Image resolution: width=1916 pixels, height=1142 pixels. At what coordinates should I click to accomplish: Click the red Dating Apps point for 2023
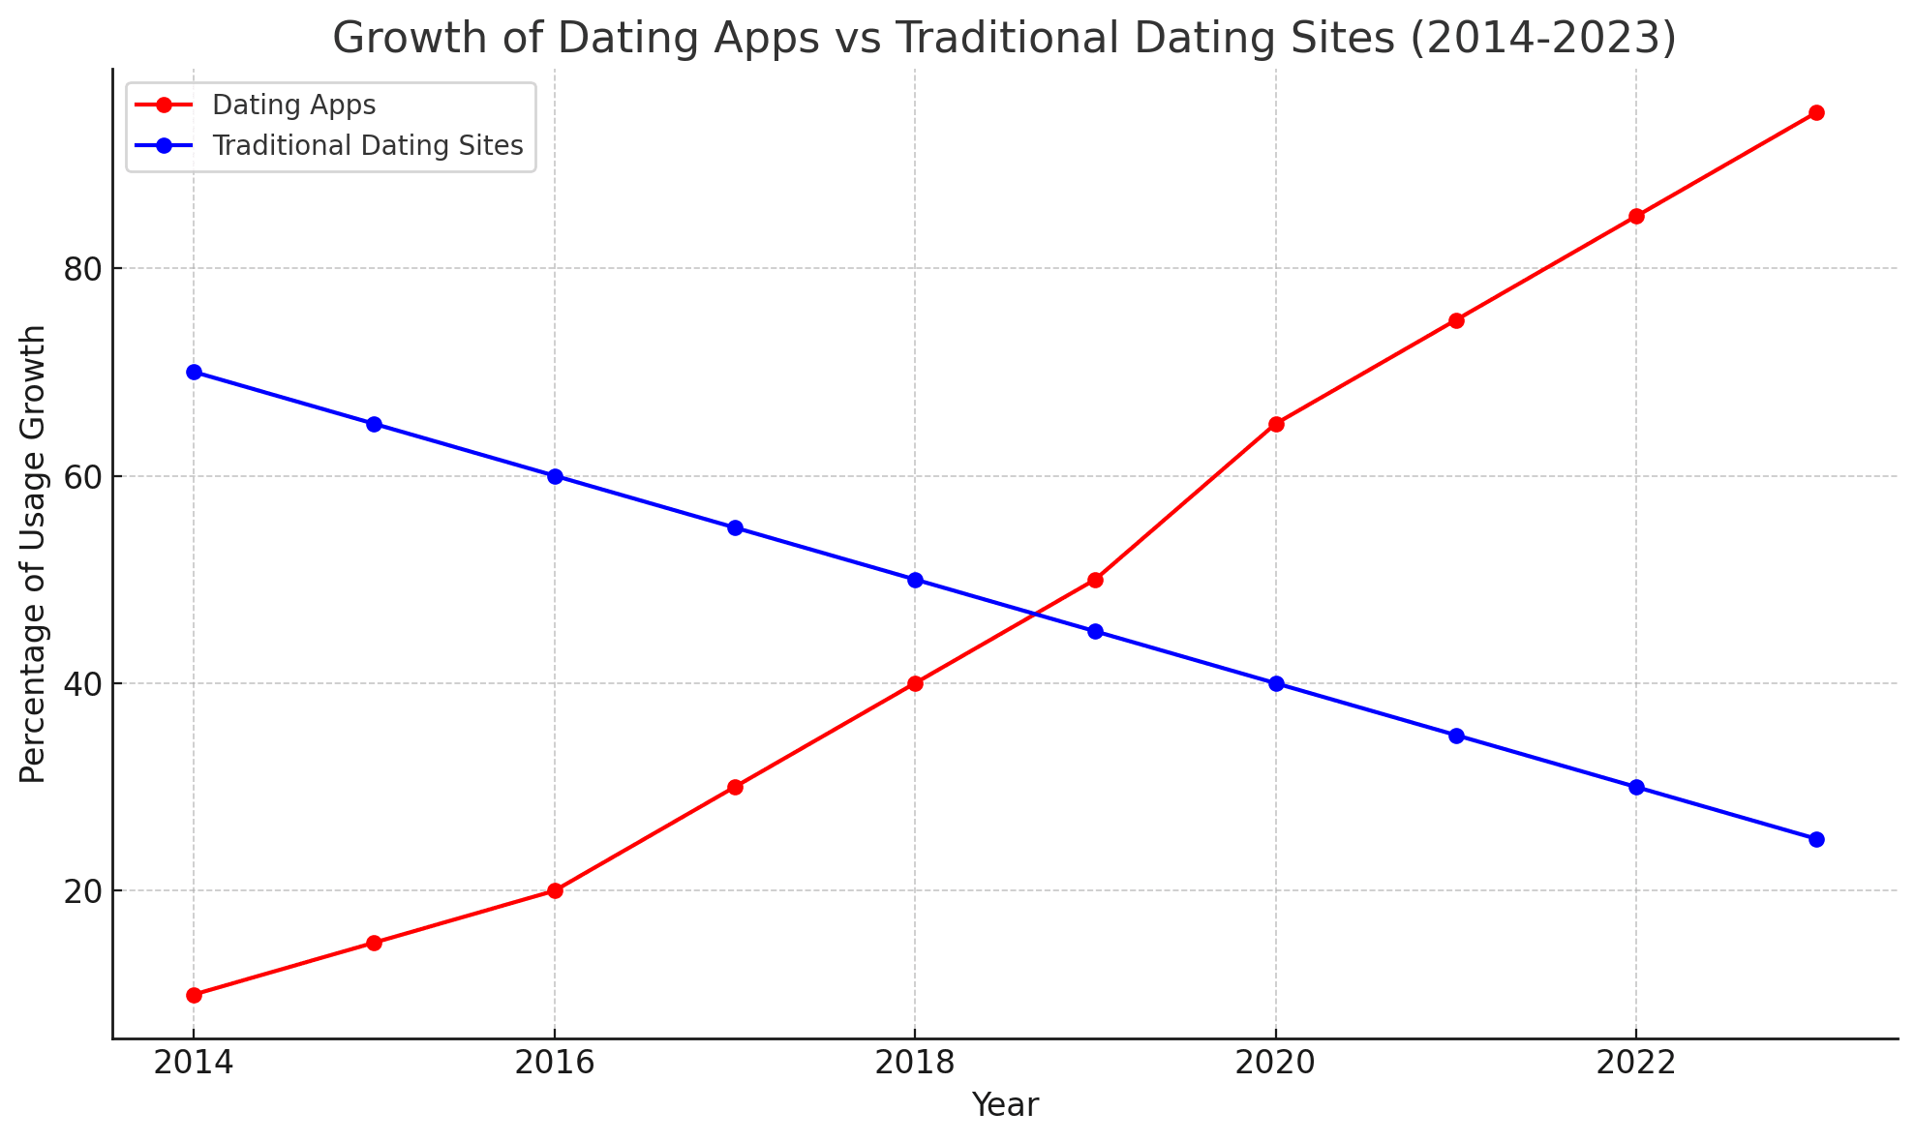[x=1816, y=113]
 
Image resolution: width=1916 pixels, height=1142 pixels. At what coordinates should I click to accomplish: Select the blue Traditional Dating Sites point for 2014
[x=194, y=373]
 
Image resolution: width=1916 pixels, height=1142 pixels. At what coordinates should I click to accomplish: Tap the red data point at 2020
[x=1276, y=424]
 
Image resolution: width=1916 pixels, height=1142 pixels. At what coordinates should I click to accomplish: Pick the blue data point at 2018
[x=915, y=580]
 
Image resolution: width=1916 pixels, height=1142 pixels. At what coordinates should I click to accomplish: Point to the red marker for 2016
[x=555, y=890]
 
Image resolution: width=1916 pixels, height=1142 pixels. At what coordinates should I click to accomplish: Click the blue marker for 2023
[x=1816, y=839]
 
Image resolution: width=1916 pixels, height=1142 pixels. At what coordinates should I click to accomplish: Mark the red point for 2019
[x=1095, y=580]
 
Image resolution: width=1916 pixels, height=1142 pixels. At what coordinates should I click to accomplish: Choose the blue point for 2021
[x=1456, y=736]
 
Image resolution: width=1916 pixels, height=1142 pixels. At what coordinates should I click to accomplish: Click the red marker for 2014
[x=194, y=995]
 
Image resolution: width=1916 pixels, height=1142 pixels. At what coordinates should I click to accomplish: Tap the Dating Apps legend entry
[x=293, y=105]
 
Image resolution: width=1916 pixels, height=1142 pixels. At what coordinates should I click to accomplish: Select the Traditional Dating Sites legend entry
[x=367, y=145]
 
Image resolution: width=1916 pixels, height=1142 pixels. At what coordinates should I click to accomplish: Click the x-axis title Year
[x=1005, y=1105]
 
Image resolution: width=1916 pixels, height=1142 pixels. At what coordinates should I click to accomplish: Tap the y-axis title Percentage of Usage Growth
[x=33, y=554]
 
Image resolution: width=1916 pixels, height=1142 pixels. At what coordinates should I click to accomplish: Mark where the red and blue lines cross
[x=1035, y=615]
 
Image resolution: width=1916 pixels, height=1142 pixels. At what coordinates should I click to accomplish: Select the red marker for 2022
[x=1636, y=217]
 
